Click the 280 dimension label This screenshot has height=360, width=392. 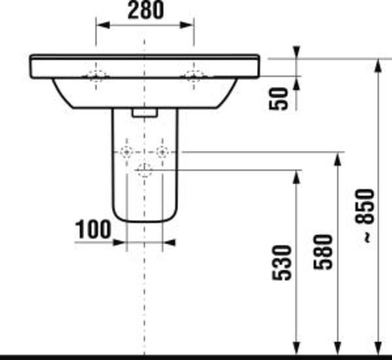[145, 10]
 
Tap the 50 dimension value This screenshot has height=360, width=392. [280, 98]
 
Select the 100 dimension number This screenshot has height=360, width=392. [93, 229]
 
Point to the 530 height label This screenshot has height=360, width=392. [283, 263]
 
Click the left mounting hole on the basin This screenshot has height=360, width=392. [97, 76]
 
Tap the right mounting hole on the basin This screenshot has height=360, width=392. [193, 76]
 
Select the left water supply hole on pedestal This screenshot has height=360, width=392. [127, 151]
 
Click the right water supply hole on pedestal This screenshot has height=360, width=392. [161, 151]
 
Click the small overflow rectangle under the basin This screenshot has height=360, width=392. [145, 112]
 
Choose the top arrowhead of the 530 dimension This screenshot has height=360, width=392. [297, 177]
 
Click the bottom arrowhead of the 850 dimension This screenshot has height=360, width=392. [378, 347]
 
